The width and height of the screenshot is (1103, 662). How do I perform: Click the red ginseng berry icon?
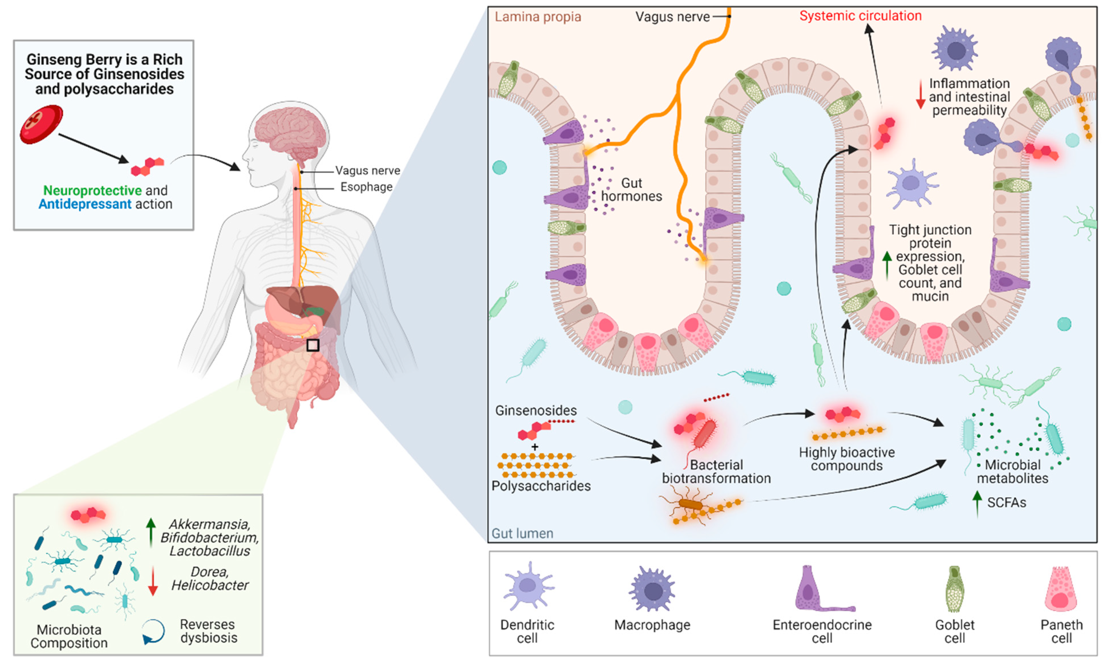point(41,124)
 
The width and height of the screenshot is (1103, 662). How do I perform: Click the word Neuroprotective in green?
point(92,191)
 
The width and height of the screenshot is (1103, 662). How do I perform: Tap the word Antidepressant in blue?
point(85,204)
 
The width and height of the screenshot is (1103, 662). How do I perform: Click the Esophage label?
point(366,187)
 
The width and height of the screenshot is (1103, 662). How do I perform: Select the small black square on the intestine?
point(312,345)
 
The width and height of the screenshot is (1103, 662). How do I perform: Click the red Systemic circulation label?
point(860,16)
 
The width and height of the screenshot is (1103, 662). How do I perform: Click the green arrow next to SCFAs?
point(977,503)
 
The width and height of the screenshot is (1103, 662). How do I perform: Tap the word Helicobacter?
point(210,585)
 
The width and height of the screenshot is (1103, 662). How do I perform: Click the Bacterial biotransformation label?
point(716,471)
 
